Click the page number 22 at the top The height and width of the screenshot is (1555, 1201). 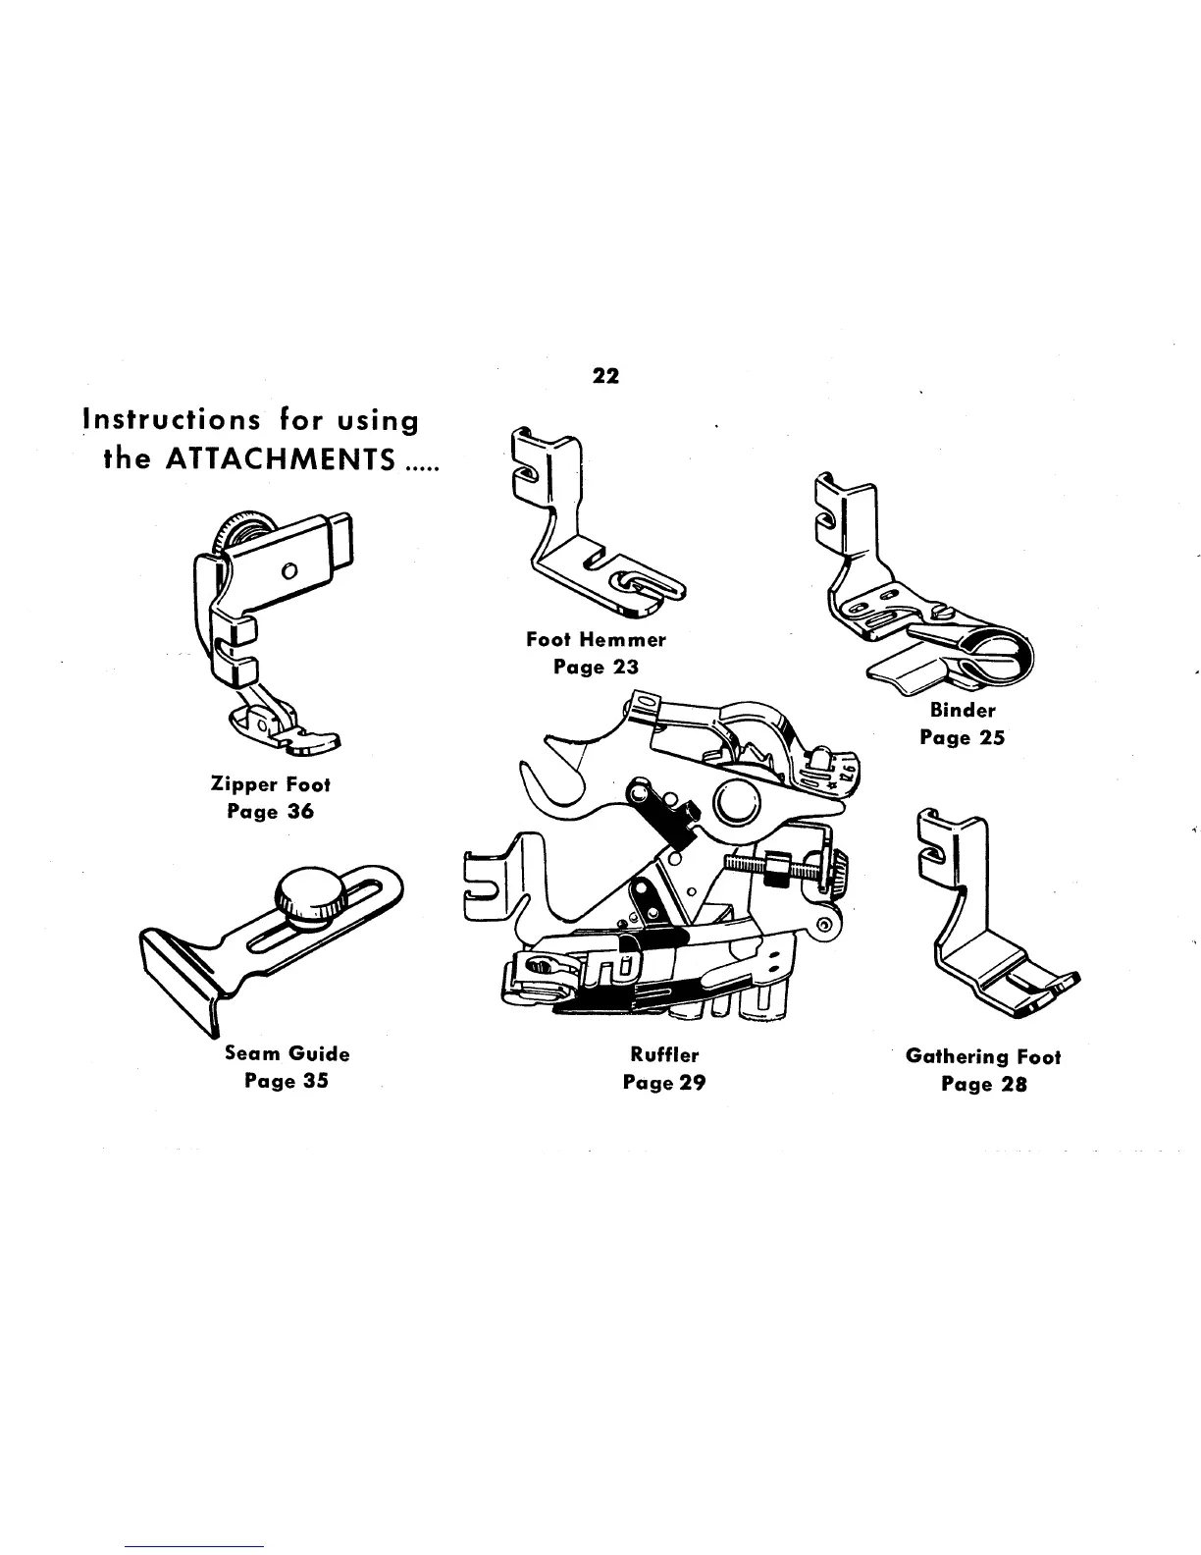(x=606, y=376)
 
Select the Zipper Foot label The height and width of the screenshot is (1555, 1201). (x=271, y=784)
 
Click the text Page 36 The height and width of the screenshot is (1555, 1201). (x=271, y=812)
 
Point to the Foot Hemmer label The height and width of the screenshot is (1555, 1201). (x=596, y=640)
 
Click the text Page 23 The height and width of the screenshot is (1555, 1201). (x=596, y=668)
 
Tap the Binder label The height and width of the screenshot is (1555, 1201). (x=963, y=710)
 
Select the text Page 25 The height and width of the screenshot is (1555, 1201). (x=963, y=737)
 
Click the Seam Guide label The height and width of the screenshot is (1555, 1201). (x=287, y=1053)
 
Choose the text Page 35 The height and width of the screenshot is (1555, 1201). (x=287, y=1081)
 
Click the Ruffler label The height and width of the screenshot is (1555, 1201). (x=664, y=1055)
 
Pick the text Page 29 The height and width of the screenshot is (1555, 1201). (x=664, y=1083)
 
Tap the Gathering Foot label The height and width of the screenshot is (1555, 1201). (x=983, y=1057)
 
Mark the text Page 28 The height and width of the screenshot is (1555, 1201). (x=983, y=1085)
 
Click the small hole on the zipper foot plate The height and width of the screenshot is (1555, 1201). (x=288, y=571)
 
